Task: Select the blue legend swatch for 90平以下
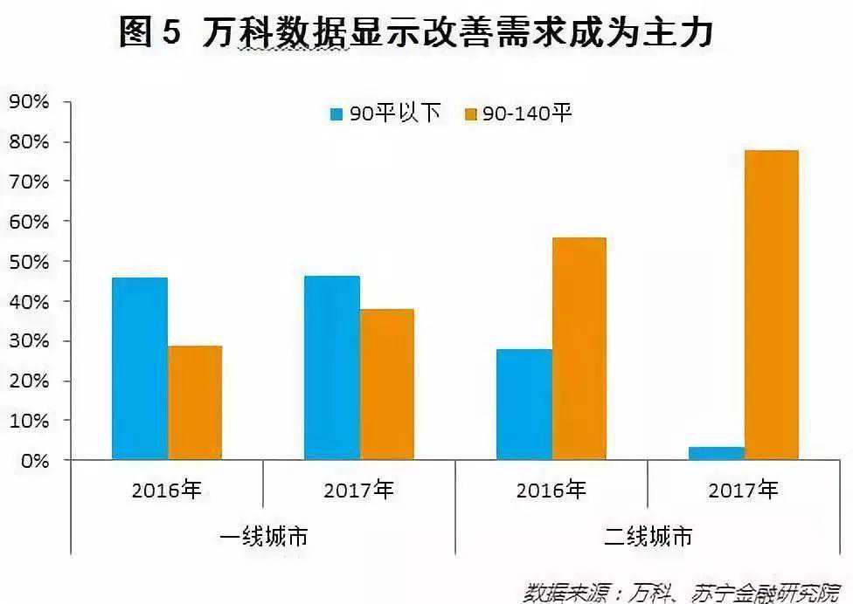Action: [x=336, y=113]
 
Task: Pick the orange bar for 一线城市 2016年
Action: [x=195, y=402]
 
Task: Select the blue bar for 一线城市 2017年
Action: [x=332, y=367]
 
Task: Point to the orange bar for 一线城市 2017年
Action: [x=387, y=384]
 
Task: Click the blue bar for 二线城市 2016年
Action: [x=524, y=404]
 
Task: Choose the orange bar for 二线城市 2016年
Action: [x=579, y=348]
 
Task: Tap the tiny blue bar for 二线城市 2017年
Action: [x=717, y=453]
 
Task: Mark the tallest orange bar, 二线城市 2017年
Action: [x=771, y=305]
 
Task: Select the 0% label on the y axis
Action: [x=34, y=461]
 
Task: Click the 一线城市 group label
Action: [x=263, y=536]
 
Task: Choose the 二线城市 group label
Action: [x=648, y=536]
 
